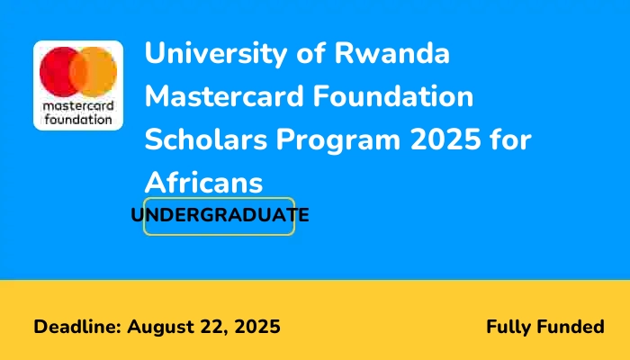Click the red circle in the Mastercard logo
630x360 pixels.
tap(58, 71)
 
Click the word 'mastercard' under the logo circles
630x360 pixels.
tap(78, 105)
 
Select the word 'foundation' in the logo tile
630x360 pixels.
tap(78, 118)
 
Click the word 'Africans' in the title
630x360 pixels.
tap(204, 183)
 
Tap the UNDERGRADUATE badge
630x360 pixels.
tap(220, 216)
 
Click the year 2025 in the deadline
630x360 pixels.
tap(257, 327)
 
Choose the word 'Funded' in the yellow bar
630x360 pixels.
tap(572, 327)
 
